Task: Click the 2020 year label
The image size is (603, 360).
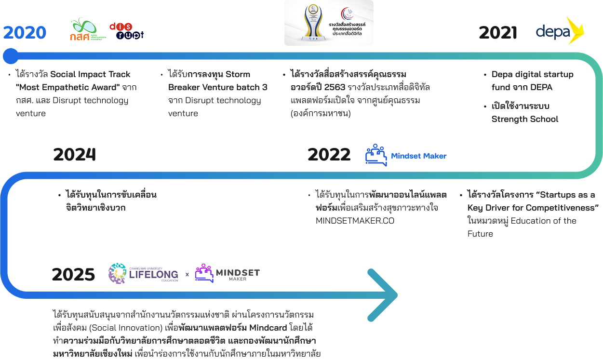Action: click(x=25, y=33)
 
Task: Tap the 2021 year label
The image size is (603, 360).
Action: click(x=497, y=33)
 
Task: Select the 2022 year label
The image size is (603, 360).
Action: click(x=329, y=155)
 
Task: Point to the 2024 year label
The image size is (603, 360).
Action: click(x=74, y=155)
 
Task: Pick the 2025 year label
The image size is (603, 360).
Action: click(x=73, y=274)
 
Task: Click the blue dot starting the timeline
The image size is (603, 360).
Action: click(x=10, y=56)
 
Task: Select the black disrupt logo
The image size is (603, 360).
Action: click(x=127, y=30)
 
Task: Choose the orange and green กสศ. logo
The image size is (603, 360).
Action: click(x=87, y=30)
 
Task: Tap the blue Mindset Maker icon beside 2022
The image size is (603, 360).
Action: click(x=375, y=155)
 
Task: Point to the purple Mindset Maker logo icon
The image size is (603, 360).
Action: click(x=204, y=273)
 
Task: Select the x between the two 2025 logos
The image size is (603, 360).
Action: click(x=187, y=275)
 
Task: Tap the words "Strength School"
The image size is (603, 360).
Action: click(x=525, y=119)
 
